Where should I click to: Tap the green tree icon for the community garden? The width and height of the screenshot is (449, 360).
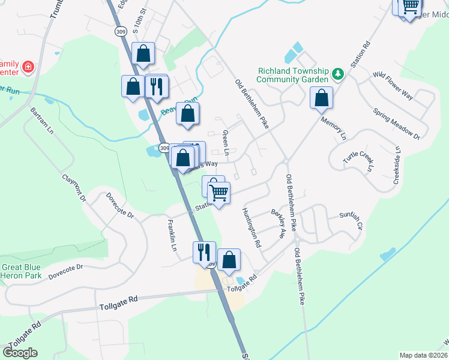pos(338,74)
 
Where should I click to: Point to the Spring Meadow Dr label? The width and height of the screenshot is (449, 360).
pos(396,123)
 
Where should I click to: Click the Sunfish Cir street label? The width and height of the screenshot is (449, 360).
pos(351,221)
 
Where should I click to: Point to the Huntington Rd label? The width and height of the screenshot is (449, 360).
pos(252,228)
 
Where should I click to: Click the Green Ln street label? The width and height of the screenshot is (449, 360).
pos(226,143)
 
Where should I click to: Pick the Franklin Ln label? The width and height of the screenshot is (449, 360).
pos(172,235)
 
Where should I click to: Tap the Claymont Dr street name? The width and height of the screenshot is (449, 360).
pos(75,188)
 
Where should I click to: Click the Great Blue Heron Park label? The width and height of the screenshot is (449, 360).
pos(21,271)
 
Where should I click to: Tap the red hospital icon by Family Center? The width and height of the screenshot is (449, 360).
pos(27,66)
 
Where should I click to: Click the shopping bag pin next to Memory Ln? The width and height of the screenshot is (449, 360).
pos(322,98)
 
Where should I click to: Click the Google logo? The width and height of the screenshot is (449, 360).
pos(20,353)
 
